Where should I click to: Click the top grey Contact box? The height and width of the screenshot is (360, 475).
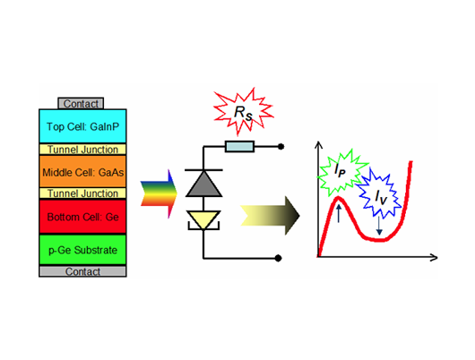81,104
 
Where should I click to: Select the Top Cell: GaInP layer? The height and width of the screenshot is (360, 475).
82,126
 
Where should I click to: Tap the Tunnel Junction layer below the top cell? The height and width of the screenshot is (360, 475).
82,150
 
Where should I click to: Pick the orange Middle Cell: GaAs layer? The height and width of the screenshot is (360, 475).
82,172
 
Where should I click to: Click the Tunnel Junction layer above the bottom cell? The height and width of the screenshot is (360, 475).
82,193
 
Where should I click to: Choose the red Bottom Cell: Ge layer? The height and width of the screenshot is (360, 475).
82,217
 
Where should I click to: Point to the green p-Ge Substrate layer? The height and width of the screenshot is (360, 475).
82,250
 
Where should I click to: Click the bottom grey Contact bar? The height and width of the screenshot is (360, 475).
82,271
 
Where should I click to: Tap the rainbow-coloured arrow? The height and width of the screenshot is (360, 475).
159,194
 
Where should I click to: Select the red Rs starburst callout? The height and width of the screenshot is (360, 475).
243,112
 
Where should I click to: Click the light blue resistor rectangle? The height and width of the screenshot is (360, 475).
239,147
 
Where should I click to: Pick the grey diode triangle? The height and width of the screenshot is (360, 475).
203,184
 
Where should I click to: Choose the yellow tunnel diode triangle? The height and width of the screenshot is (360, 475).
203,219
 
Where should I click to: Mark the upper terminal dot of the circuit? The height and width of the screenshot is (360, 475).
281,147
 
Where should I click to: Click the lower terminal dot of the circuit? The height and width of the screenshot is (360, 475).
278,258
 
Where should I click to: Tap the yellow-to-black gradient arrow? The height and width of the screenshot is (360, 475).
270,216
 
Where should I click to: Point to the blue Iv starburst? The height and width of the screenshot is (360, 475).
379,193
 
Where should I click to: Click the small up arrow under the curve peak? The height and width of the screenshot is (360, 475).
339,213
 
